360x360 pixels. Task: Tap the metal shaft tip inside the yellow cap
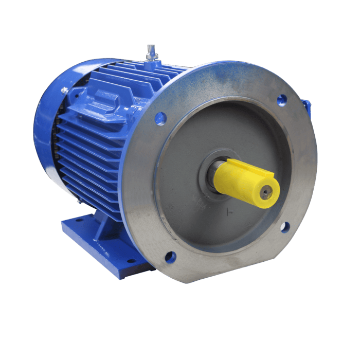coord(265,194)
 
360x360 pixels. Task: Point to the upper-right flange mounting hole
coord(281,100)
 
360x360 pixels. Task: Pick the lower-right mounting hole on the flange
coord(284,227)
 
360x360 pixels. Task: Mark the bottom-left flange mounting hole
coord(170,257)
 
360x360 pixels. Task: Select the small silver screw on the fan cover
coord(65,91)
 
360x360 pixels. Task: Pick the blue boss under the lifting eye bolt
coord(152,64)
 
